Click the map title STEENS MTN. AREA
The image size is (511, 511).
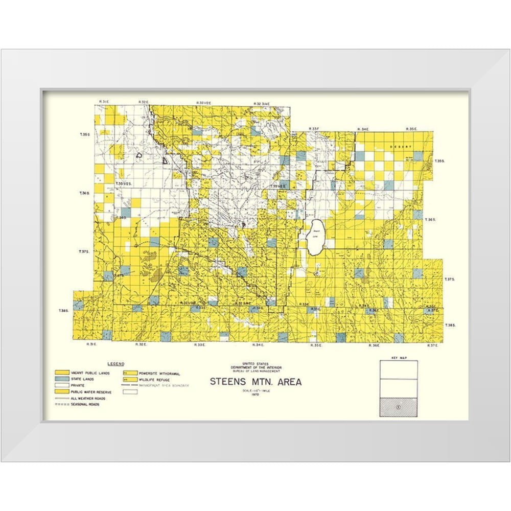[255, 382]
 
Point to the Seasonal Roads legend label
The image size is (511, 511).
[85, 404]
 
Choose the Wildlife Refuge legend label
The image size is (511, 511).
[155, 380]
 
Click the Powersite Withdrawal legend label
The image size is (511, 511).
[159, 374]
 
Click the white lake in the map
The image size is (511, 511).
[315, 236]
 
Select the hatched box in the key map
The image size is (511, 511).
[398, 407]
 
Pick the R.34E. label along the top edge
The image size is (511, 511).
[363, 129]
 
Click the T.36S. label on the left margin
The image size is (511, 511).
[85, 193]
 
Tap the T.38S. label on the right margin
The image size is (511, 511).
[450, 325]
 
